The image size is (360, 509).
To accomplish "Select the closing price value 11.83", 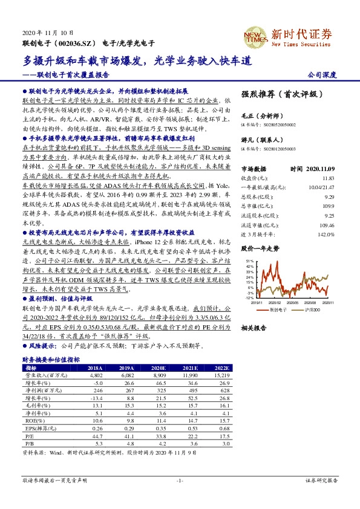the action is coord(327,178).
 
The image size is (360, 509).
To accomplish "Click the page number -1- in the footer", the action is coord(180,480).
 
